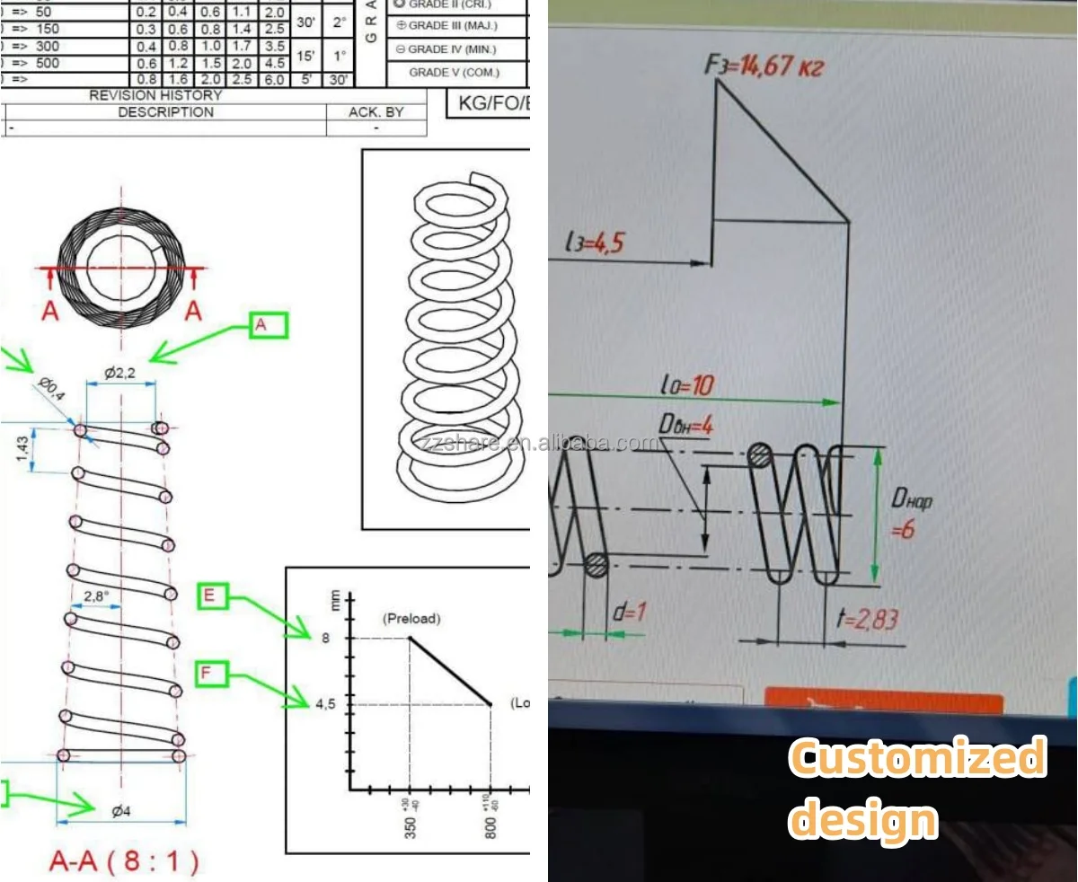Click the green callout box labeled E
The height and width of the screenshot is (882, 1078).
pos(213,596)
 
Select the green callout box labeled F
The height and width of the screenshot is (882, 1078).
pos(213,673)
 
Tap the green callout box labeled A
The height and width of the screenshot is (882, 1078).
pos(268,325)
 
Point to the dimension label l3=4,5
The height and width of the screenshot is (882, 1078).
pos(594,243)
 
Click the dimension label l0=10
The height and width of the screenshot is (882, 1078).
pos(686,385)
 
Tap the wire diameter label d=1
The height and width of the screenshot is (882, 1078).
pos(629,613)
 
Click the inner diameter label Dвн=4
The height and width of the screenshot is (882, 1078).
pos(685,425)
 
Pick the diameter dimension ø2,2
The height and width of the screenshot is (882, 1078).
pos(119,373)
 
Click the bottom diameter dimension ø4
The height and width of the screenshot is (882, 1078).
pos(121,811)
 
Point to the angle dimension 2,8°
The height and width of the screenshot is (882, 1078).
pos(97,595)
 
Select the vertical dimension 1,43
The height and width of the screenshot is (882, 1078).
pos(24,447)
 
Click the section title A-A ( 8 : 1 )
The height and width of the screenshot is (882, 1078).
pos(124,862)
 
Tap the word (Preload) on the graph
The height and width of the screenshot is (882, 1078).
pos(411,619)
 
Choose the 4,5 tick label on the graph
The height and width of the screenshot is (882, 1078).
pos(324,705)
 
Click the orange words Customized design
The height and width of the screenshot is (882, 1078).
pos(916,789)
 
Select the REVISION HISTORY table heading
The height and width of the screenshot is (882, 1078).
pos(155,95)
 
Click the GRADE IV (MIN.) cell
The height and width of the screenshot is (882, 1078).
pos(453,49)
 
